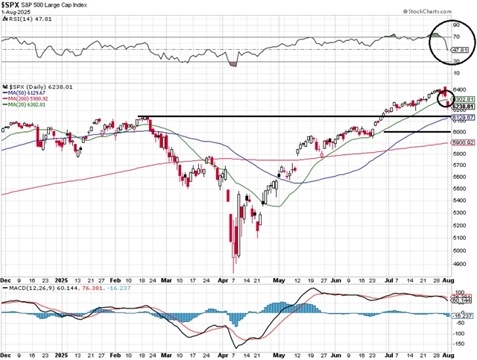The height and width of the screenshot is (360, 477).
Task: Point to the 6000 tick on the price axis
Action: pyautogui.click(x=459, y=131)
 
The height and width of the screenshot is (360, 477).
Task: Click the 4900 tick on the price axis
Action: pyautogui.click(x=459, y=264)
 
